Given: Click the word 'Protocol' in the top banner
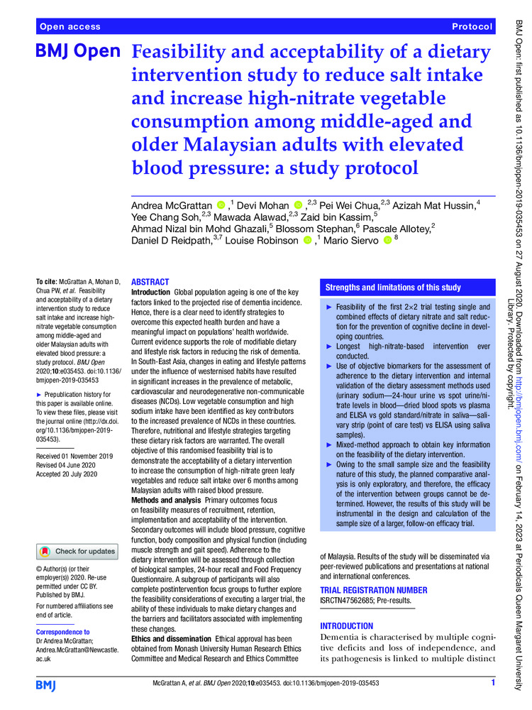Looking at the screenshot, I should click(471, 26).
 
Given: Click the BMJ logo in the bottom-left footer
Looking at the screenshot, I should click(50, 684).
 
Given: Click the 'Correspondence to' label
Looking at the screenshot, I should click(62, 631).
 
